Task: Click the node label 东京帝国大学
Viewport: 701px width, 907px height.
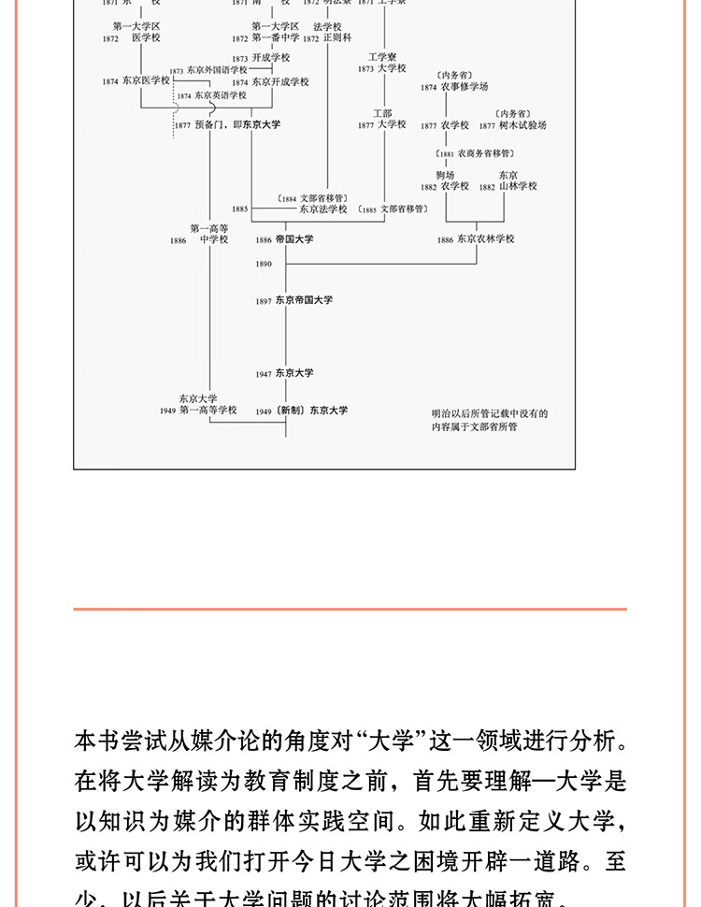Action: (304, 300)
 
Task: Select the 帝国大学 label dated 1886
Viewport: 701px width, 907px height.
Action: (294, 239)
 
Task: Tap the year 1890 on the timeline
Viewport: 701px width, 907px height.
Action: (264, 265)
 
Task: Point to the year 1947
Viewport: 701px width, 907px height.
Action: (264, 374)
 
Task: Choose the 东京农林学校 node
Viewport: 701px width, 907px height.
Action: (486, 239)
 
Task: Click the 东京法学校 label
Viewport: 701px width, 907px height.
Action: (323, 209)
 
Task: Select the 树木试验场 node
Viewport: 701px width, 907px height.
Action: (523, 125)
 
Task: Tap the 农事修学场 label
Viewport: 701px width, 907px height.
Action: (465, 87)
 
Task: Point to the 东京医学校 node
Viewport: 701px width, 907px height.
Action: (146, 81)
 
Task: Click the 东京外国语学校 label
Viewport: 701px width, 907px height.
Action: (217, 70)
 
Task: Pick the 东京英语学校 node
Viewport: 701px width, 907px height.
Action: (221, 95)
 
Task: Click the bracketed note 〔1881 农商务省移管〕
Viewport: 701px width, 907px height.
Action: (477, 152)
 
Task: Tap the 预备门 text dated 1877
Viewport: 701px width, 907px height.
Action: (209, 124)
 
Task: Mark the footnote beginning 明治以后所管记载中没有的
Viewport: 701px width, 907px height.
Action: (489, 412)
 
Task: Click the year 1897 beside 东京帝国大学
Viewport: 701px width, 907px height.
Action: (264, 301)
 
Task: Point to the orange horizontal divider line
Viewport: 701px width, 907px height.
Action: (350, 609)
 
